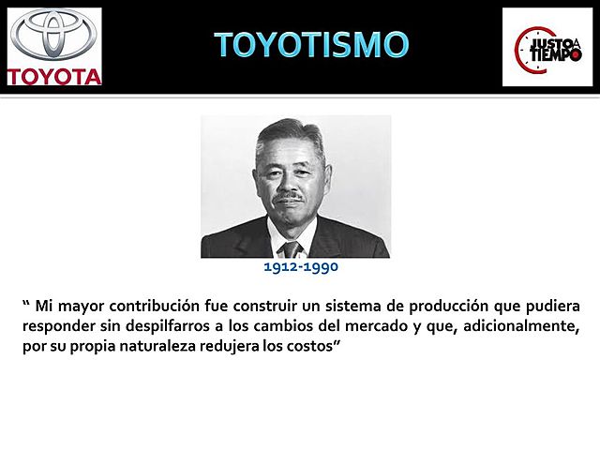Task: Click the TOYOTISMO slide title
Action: click(311, 44)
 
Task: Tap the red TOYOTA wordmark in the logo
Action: click(53, 76)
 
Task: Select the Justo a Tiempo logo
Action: click(547, 47)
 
